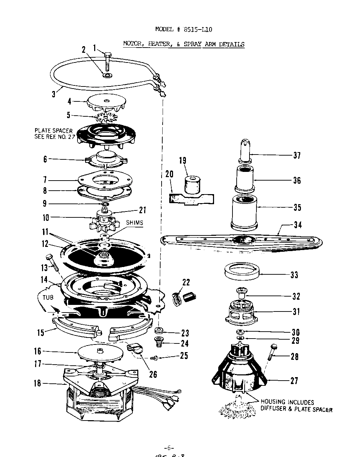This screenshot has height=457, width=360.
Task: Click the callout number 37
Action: [296, 155]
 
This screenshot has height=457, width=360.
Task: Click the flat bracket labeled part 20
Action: [191, 199]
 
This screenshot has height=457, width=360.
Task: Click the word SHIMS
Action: [134, 223]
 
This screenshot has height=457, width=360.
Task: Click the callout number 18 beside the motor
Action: [37, 383]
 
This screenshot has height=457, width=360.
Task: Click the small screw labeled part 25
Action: [155, 357]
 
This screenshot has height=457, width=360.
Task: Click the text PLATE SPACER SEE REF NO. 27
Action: [54, 134]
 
